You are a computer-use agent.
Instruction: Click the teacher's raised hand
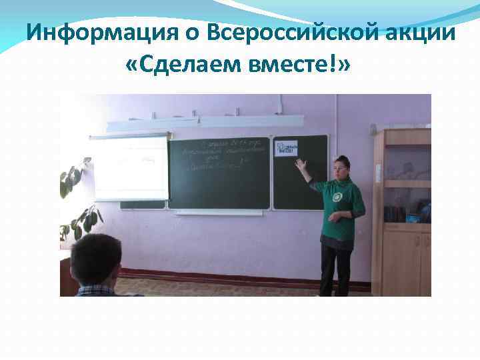point(301,163)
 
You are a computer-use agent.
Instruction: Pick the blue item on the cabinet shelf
point(413,217)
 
